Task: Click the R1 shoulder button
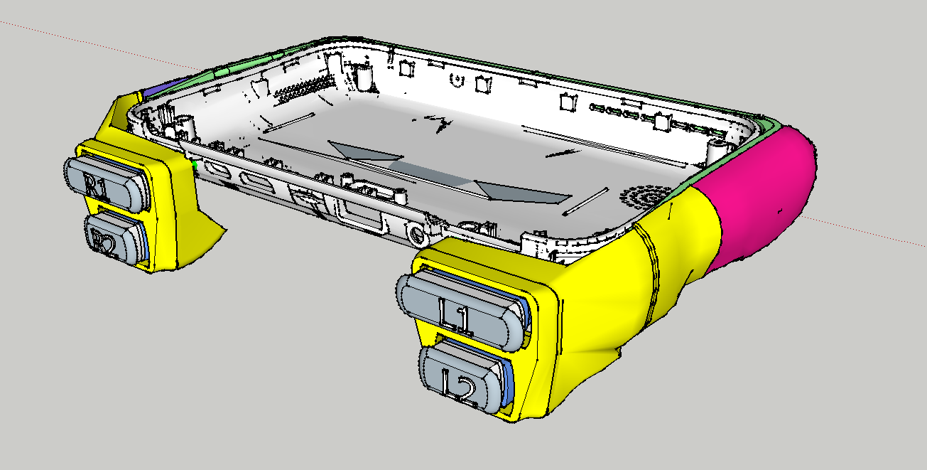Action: [106, 183]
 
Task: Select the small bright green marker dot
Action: [194, 165]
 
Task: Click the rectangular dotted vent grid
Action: [304, 88]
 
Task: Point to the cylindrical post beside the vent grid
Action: [364, 78]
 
